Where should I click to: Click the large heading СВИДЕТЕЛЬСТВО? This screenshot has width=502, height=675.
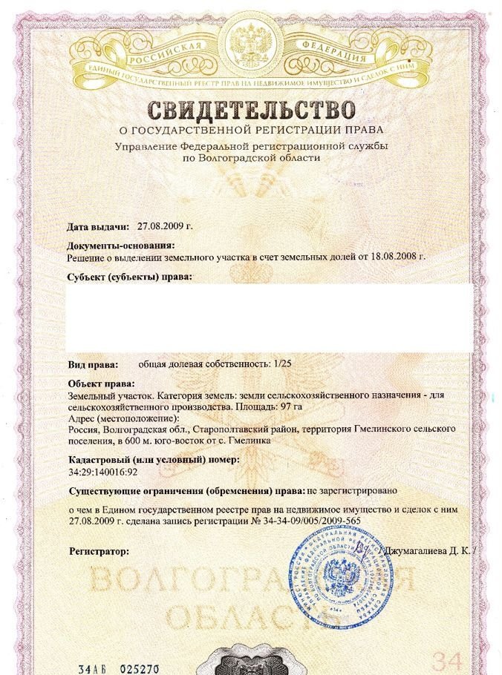252,111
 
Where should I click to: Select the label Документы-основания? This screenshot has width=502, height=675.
120,245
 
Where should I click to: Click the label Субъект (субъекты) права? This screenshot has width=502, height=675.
129,277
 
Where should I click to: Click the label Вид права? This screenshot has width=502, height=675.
92,365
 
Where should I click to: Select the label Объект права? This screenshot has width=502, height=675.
101,383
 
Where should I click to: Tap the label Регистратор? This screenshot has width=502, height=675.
99,552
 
